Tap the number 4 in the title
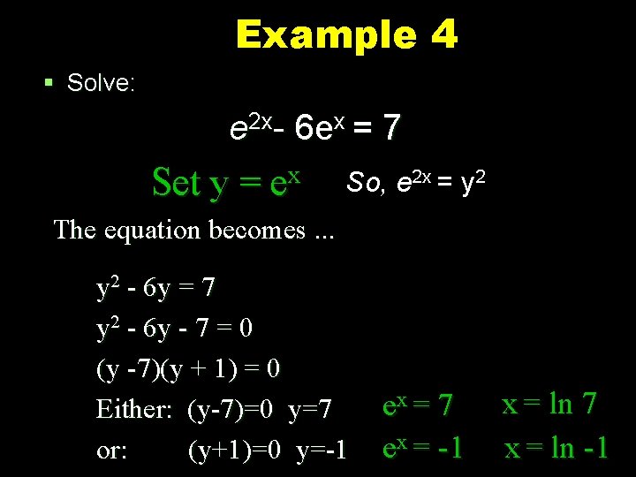tap(444, 35)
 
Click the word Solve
tap(101, 83)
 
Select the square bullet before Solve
tap(49, 83)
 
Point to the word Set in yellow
tap(176, 183)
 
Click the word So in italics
tap(366, 182)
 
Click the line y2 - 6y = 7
tap(155, 287)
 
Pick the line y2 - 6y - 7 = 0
tap(174, 328)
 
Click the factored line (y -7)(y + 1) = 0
tap(188, 367)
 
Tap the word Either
tap(136, 409)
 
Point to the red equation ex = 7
tap(417, 406)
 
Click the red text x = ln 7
tap(549, 405)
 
